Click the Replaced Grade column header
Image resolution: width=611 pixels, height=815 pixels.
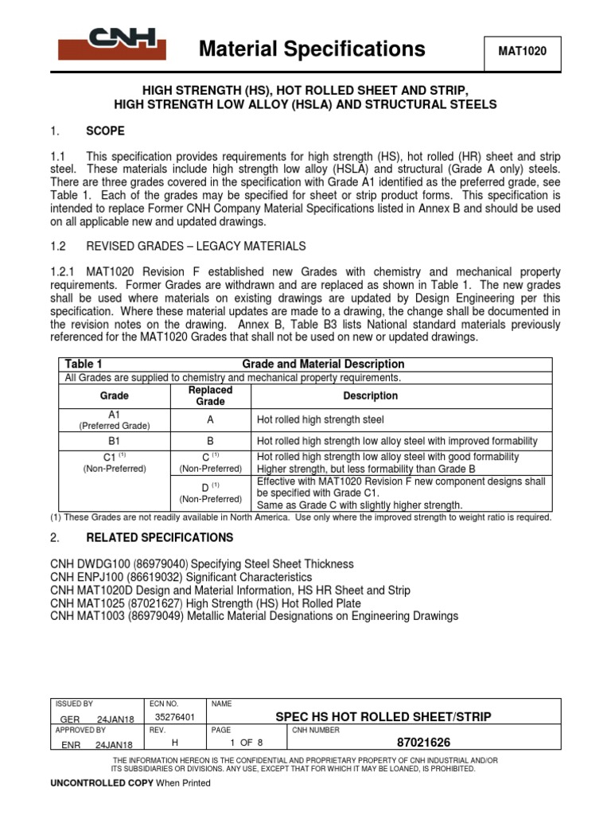click(211, 396)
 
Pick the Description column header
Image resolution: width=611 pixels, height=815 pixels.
click(370, 396)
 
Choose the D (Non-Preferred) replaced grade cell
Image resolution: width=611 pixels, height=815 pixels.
click(211, 492)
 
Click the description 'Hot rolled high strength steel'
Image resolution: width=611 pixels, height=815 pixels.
click(320, 419)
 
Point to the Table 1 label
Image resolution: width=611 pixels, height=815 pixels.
click(84, 364)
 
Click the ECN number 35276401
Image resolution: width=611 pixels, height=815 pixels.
click(173, 717)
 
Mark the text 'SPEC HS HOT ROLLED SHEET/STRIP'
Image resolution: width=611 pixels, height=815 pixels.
click(383, 716)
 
